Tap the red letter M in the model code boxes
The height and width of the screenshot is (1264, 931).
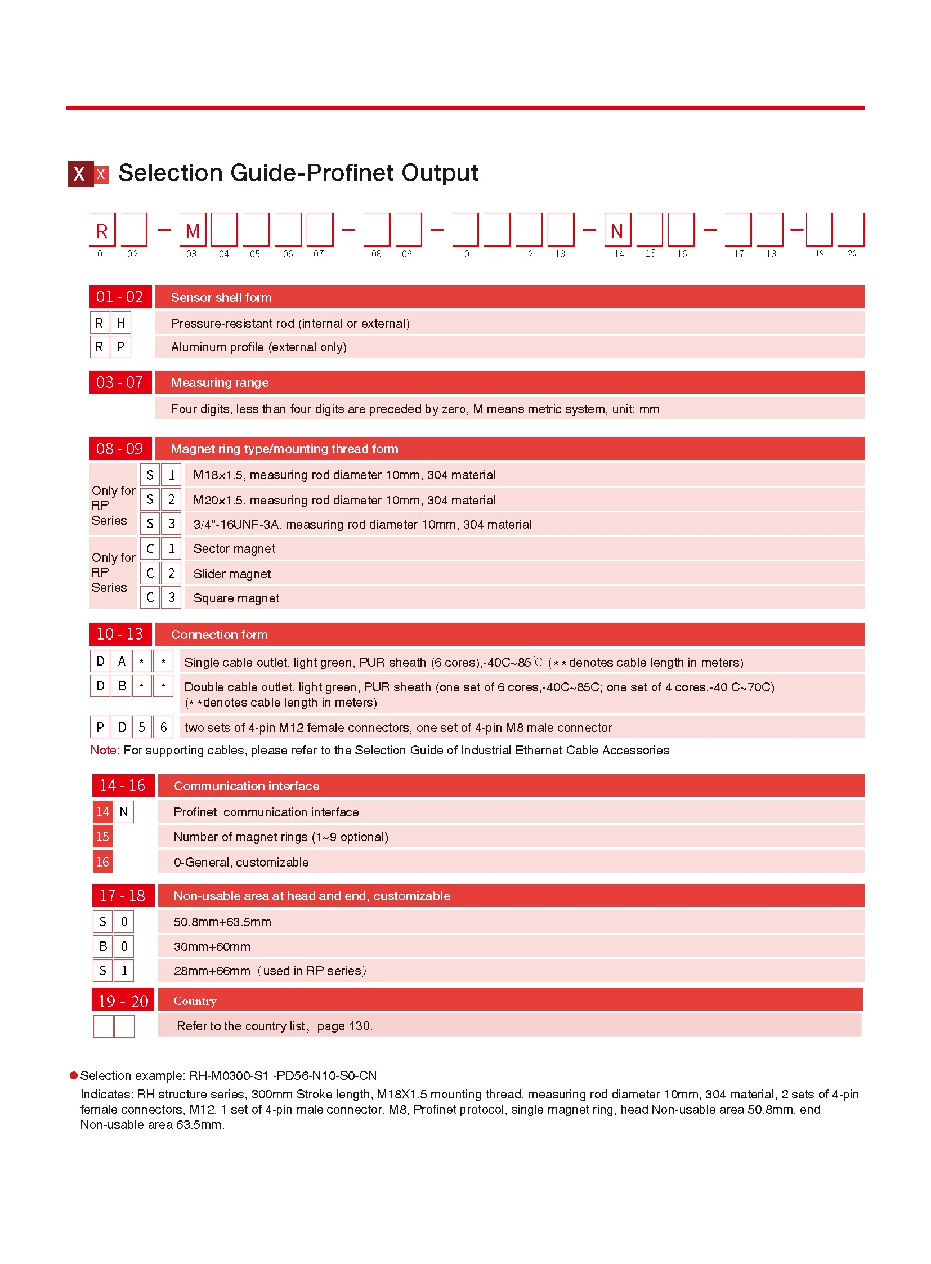pyautogui.click(x=192, y=231)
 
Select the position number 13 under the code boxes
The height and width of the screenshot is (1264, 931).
pyautogui.click(x=560, y=254)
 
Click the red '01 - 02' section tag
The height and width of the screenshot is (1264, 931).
pyautogui.click(x=120, y=297)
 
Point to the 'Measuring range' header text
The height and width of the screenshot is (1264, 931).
pyautogui.click(x=220, y=383)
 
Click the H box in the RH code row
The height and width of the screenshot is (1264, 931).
pyautogui.click(x=120, y=324)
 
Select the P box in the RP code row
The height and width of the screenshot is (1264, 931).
pyautogui.click(x=120, y=347)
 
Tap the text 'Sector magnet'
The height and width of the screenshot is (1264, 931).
pyautogui.click(x=234, y=549)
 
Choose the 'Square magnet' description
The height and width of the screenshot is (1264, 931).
pyautogui.click(x=236, y=598)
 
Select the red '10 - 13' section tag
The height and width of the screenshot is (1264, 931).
pyautogui.click(x=120, y=635)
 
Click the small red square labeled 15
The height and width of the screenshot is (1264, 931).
pyautogui.click(x=102, y=837)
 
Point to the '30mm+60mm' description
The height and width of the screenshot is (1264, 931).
pyautogui.click(x=212, y=947)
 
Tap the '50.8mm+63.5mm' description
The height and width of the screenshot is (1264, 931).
pyautogui.click(x=222, y=922)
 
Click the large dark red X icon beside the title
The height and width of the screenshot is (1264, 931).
pyautogui.click(x=80, y=174)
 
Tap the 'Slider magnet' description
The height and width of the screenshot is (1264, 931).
pyautogui.click(x=231, y=574)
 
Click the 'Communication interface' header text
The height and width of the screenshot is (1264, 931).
pyautogui.click(x=247, y=787)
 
